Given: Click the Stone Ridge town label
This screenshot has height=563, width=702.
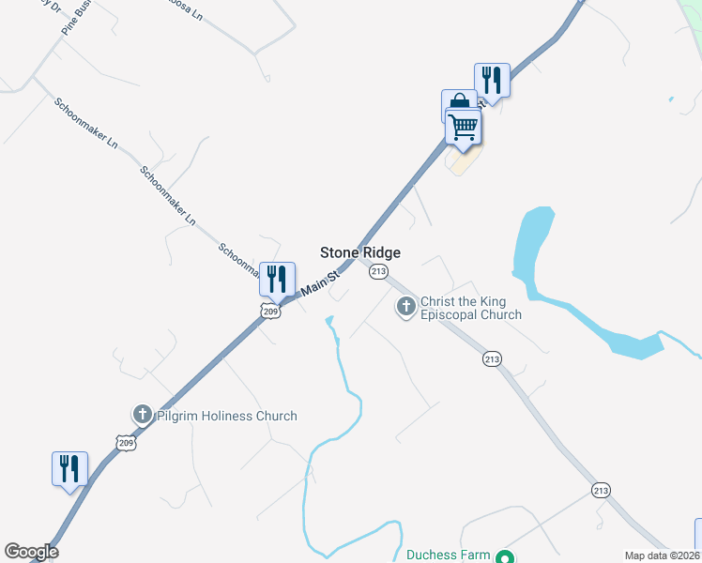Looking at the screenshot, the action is (360, 252).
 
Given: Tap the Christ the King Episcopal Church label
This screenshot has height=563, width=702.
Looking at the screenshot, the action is (470, 308).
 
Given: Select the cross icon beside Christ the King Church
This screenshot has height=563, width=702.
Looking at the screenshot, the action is (406, 306).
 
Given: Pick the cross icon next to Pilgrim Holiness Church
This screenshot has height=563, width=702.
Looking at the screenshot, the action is (143, 414).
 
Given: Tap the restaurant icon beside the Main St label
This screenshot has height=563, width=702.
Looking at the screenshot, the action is (277, 279).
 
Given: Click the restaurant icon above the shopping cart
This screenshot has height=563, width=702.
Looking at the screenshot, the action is (492, 79).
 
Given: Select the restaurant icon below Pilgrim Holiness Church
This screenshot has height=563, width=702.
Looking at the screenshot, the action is (69, 468).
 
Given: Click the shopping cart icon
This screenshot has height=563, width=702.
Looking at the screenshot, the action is (463, 126).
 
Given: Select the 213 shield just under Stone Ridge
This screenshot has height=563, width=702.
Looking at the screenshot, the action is (378, 272).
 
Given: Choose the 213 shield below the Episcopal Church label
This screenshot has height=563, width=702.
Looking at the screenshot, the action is (492, 358).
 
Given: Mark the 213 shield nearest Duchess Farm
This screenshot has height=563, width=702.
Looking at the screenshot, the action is (601, 490).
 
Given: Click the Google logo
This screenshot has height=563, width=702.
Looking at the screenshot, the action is (31, 552).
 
